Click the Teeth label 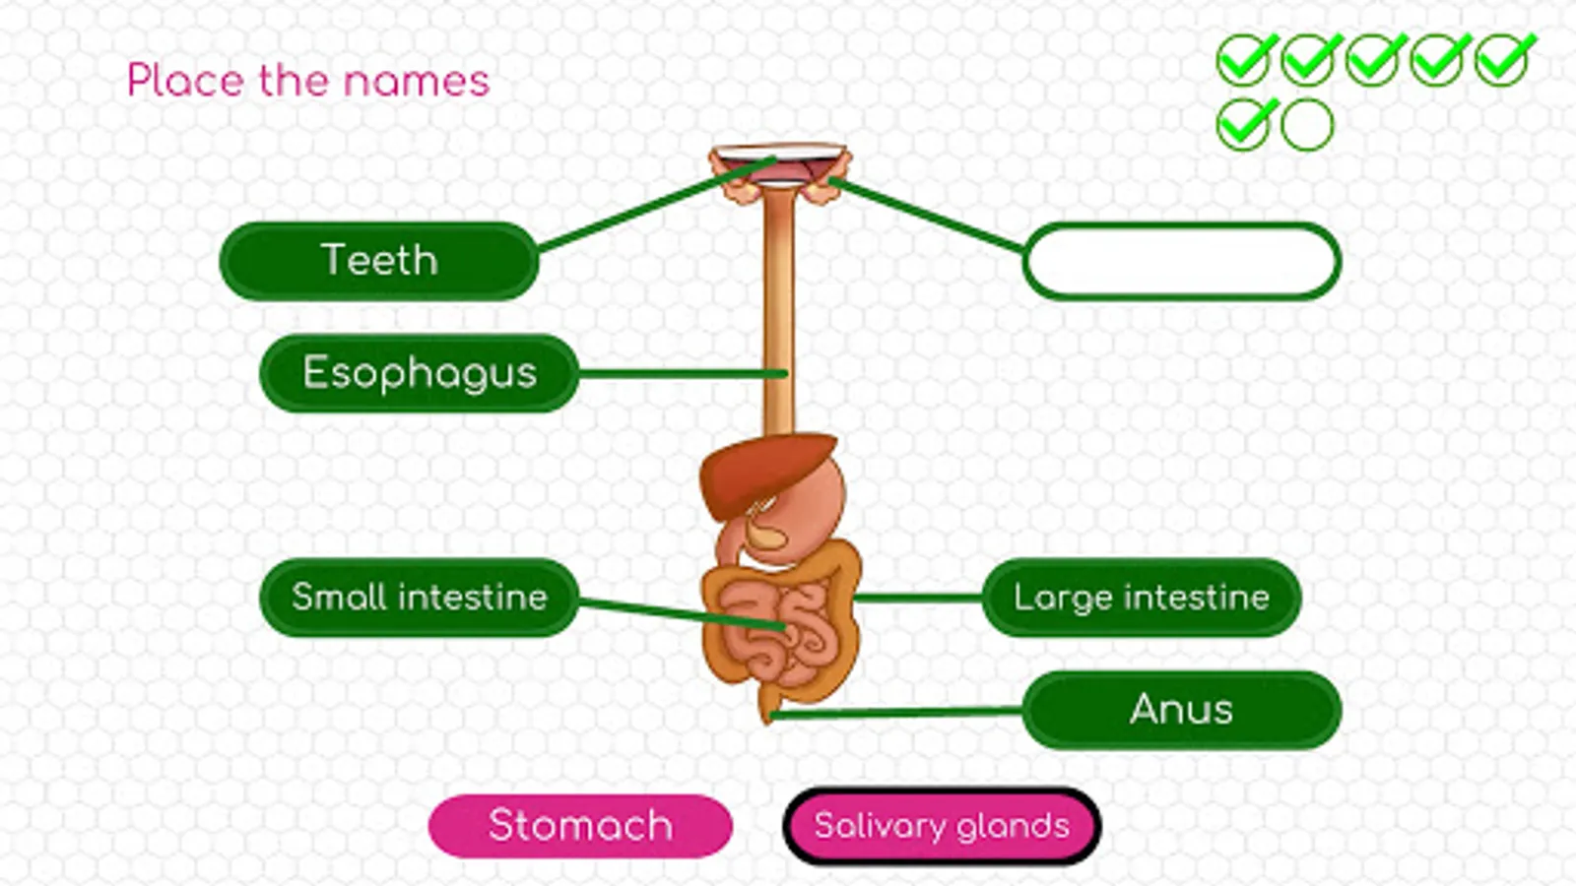pyautogui.click(x=379, y=261)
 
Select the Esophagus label pyautogui.click(x=419, y=373)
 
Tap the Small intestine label pyautogui.click(x=419, y=598)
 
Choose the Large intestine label pyautogui.click(x=1141, y=598)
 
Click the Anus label pyautogui.click(x=1181, y=710)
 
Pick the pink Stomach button pyautogui.click(x=580, y=826)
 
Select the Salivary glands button pyautogui.click(x=942, y=826)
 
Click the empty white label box pyautogui.click(x=1181, y=261)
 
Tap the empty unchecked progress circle pyautogui.click(x=1307, y=125)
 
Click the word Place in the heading pyautogui.click(x=185, y=81)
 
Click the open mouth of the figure pyautogui.click(x=778, y=162)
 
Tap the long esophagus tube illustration pyautogui.click(x=778, y=295)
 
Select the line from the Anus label pyautogui.click(x=896, y=713)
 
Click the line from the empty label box pyautogui.click(x=926, y=215)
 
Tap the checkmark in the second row pyautogui.click(x=1244, y=125)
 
